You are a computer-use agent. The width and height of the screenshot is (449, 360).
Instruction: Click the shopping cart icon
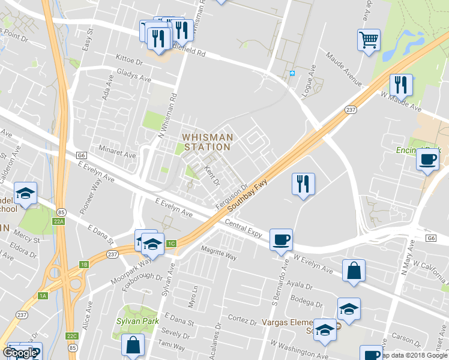coord(369,40)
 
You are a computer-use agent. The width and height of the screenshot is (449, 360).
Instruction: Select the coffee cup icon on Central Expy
coord(281,239)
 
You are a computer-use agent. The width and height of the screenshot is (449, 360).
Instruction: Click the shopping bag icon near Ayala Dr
coord(354,269)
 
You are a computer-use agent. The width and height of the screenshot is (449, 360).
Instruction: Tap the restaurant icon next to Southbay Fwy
coord(303,183)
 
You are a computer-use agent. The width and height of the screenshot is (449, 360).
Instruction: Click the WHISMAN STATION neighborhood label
coord(207,142)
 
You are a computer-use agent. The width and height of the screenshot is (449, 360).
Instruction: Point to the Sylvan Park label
coord(137,321)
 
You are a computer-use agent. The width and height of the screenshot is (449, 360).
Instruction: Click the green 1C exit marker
coord(172,244)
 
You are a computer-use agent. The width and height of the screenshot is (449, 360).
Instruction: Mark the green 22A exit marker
coord(57,222)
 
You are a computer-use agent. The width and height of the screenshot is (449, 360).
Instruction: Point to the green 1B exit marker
coord(84,265)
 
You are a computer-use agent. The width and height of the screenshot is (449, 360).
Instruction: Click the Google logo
coord(19,352)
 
